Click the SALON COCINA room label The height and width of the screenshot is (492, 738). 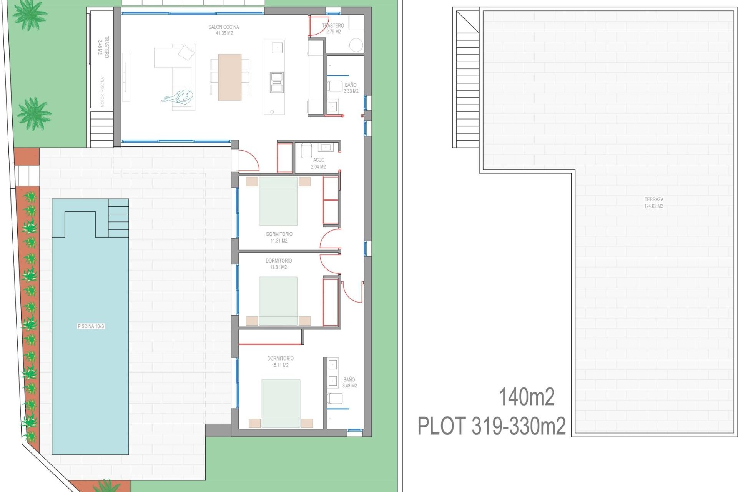point(224,30)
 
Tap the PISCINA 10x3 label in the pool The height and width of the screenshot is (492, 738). point(91,326)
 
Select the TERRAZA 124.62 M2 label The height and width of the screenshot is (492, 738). point(654,203)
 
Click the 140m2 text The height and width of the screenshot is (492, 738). point(527,397)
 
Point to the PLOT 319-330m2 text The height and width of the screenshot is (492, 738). point(492,426)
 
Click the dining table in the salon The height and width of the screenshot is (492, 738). point(230,77)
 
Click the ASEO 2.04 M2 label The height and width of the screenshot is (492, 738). point(318,163)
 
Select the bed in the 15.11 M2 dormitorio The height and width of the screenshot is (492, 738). point(281,403)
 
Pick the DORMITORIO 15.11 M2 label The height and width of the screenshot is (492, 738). point(280,362)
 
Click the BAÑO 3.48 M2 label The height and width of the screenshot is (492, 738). point(349,382)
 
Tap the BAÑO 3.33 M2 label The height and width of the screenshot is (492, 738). point(351,88)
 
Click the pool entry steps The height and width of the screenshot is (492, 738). point(118,218)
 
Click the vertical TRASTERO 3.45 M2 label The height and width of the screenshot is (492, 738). point(103,47)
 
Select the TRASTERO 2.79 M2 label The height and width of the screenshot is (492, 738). point(333,28)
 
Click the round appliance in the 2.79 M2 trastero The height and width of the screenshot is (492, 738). point(356,45)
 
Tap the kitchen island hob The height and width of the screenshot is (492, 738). point(277,82)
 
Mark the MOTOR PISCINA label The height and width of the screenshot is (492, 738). point(102,92)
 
